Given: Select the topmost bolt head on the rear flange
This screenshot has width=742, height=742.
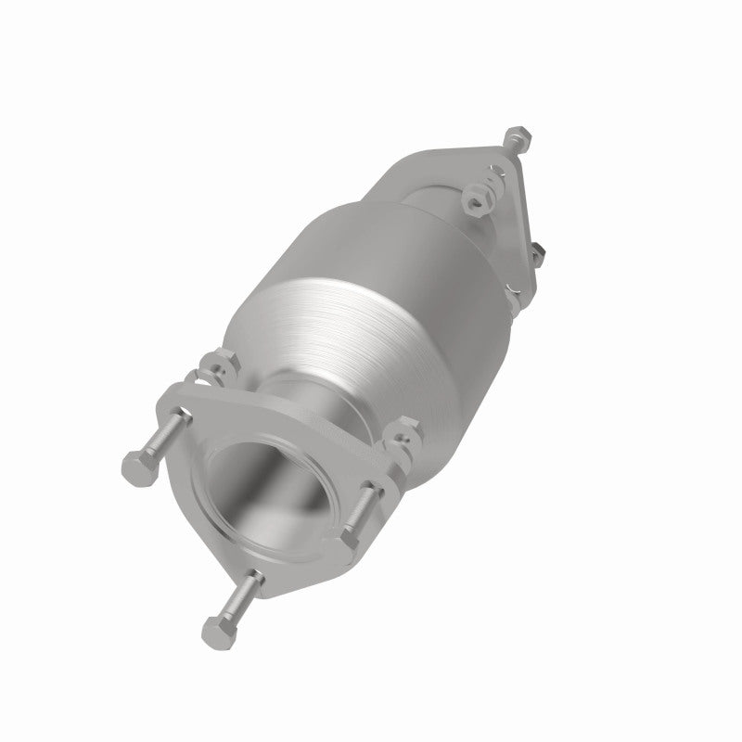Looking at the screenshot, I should pyautogui.click(x=517, y=138).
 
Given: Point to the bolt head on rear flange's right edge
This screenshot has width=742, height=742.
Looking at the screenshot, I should pyautogui.click(x=535, y=249).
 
